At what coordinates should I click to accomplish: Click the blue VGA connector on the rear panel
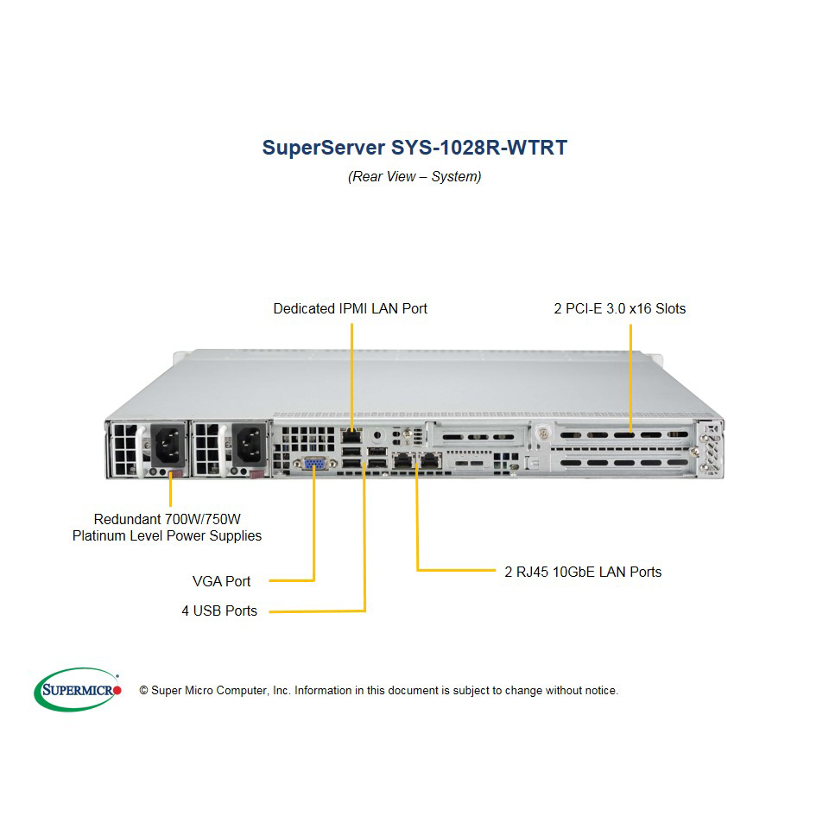point(315,464)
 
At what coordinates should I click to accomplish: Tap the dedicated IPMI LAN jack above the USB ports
point(351,437)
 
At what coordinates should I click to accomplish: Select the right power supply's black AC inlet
point(250,445)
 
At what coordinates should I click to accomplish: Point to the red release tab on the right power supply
point(257,474)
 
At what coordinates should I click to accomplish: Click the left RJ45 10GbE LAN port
point(403,460)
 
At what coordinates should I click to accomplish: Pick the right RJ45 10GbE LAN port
point(431,460)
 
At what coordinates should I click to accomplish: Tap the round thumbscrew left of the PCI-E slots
point(542,433)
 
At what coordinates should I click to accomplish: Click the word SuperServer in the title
point(324,148)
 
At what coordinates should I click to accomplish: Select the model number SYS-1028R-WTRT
point(479,148)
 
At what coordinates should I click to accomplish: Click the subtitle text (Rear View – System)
point(414,176)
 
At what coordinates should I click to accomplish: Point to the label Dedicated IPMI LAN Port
point(350,309)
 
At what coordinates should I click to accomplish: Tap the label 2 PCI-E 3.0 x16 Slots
point(620,309)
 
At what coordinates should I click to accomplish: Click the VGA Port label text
point(222,581)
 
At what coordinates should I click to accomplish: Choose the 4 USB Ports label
point(219,611)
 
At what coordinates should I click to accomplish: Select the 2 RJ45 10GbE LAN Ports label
point(583,572)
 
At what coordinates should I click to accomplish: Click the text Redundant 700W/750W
point(167,519)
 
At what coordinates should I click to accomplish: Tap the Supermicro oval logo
point(78,689)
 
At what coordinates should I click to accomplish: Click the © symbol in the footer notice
point(143,691)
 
